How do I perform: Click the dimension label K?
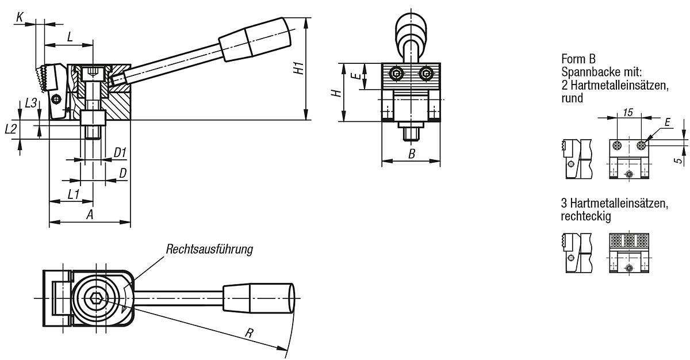pyautogui.click(x=20, y=18)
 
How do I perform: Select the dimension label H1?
pyautogui.click(x=298, y=67)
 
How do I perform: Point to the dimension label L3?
pyautogui.click(x=31, y=103)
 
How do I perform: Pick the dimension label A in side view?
pyautogui.click(x=90, y=215)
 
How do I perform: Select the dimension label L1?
pyautogui.click(x=73, y=194)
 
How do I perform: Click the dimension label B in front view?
pyautogui.click(x=411, y=154)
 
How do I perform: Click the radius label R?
pyautogui.click(x=249, y=333)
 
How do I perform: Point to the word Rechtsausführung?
pyautogui.click(x=209, y=250)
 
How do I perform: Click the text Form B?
pyautogui.click(x=578, y=59)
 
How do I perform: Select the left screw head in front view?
pyautogui.click(x=397, y=73)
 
